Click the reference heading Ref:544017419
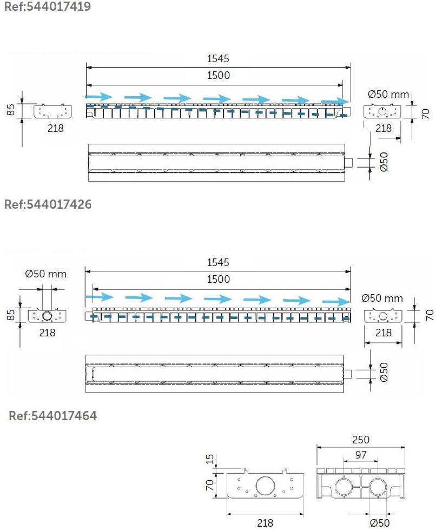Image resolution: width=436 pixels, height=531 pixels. (48, 6)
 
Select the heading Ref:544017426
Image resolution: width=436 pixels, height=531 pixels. (48, 204)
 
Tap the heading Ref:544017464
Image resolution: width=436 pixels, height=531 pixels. (52, 415)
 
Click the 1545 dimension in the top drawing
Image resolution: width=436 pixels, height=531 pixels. (218, 58)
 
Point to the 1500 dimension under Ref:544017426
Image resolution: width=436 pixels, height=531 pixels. (218, 279)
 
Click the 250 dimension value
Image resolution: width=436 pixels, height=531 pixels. (360, 440)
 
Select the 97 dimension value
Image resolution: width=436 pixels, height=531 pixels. (361, 454)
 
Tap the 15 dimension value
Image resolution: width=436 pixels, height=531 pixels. (210, 459)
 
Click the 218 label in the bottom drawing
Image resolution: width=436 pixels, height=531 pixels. (265, 523)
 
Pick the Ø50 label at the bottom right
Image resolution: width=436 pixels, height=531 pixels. (380, 523)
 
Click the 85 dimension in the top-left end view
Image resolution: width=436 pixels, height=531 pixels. (11, 109)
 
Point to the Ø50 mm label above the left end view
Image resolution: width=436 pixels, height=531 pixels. (46, 274)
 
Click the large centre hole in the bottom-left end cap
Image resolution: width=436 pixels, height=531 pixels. (267, 486)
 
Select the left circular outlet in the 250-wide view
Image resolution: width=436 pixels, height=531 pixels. (345, 488)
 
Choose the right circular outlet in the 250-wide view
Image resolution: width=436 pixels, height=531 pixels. (378, 488)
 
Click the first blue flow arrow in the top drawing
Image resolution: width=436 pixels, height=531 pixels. (98, 97)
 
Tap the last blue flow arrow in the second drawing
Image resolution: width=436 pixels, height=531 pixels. (336, 301)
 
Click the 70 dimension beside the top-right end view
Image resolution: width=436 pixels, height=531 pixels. (426, 113)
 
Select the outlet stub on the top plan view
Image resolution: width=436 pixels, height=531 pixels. (348, 163)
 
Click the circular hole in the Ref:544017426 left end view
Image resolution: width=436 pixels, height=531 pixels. (47, 316)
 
